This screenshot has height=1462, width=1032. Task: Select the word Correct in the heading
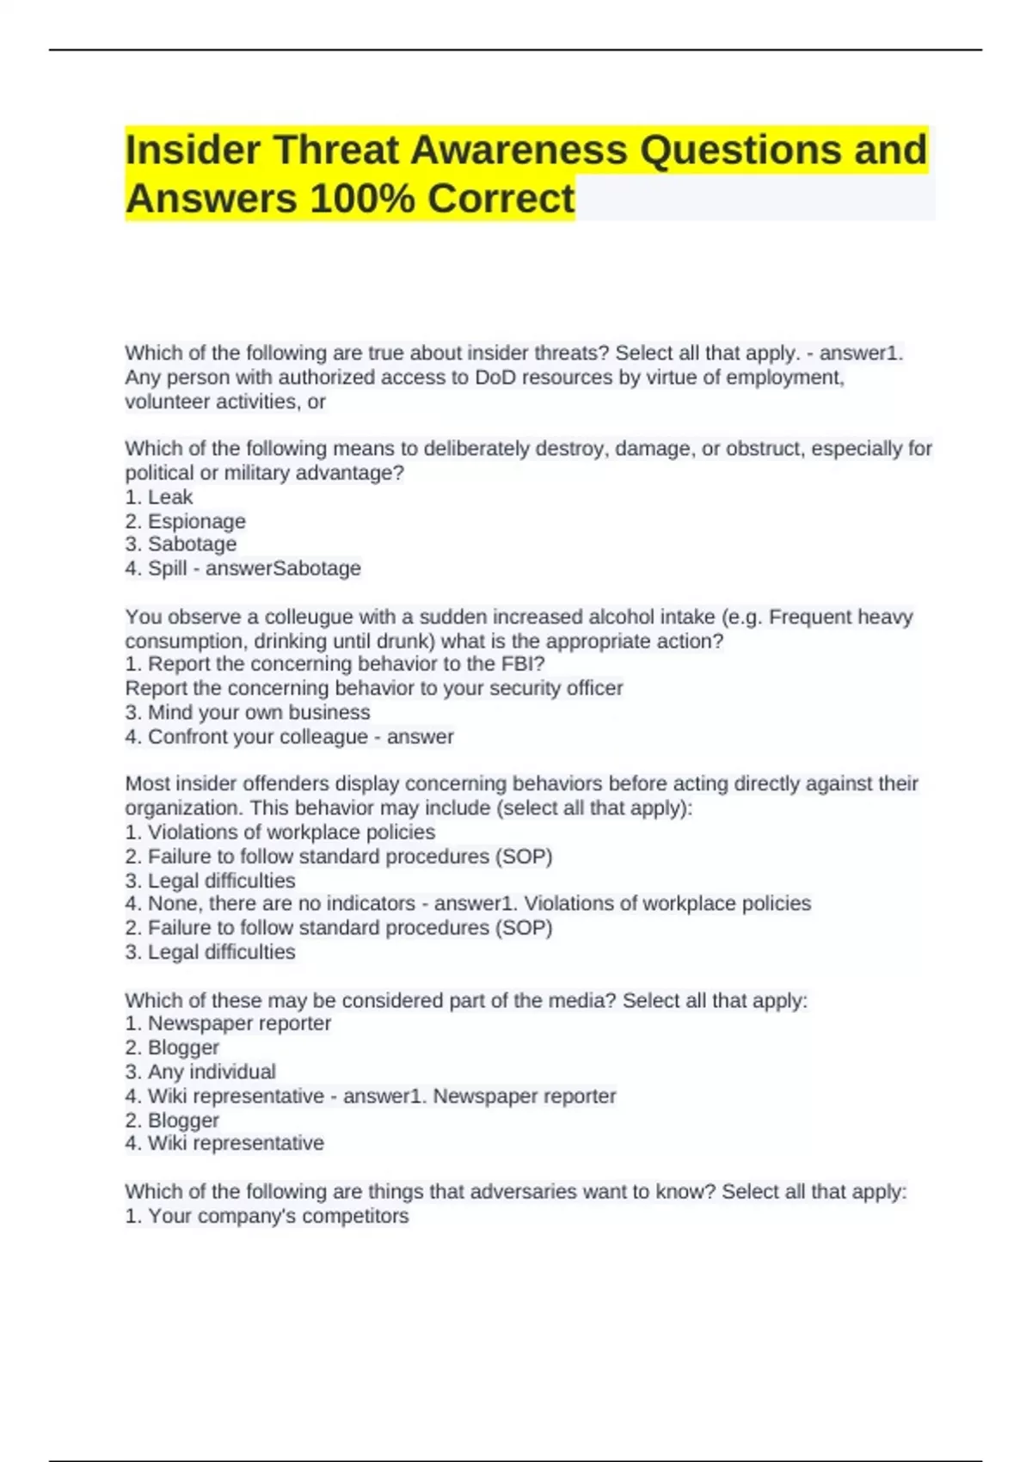coord(501,199)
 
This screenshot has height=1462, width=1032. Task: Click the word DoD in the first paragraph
coord(495,378)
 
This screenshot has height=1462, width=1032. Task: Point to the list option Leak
coord(170,497)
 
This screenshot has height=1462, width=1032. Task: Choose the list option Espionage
coord(196,521)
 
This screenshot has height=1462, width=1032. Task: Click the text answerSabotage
coord(283,568)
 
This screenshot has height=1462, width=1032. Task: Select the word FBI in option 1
coord(521,664)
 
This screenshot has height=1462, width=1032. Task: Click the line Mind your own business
coord(258,712)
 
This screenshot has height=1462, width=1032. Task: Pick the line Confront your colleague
coord(257,737)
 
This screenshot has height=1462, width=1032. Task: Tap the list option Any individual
coord(212,1072)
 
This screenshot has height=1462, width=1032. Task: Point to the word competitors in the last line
coord(355,1216)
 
